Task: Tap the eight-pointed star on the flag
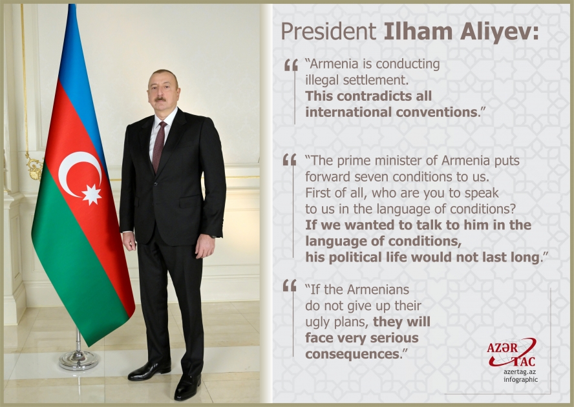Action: coord(92,194)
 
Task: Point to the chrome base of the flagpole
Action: coord(78,359)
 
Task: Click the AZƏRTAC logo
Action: coord(511,353)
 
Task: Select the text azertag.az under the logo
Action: coord(520,371)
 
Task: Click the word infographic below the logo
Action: coord(520,379)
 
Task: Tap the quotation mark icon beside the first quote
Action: coord(291,65)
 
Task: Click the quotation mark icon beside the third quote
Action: coord(290,286)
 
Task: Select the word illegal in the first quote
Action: coord(324,80)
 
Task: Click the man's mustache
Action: coord(160,99)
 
